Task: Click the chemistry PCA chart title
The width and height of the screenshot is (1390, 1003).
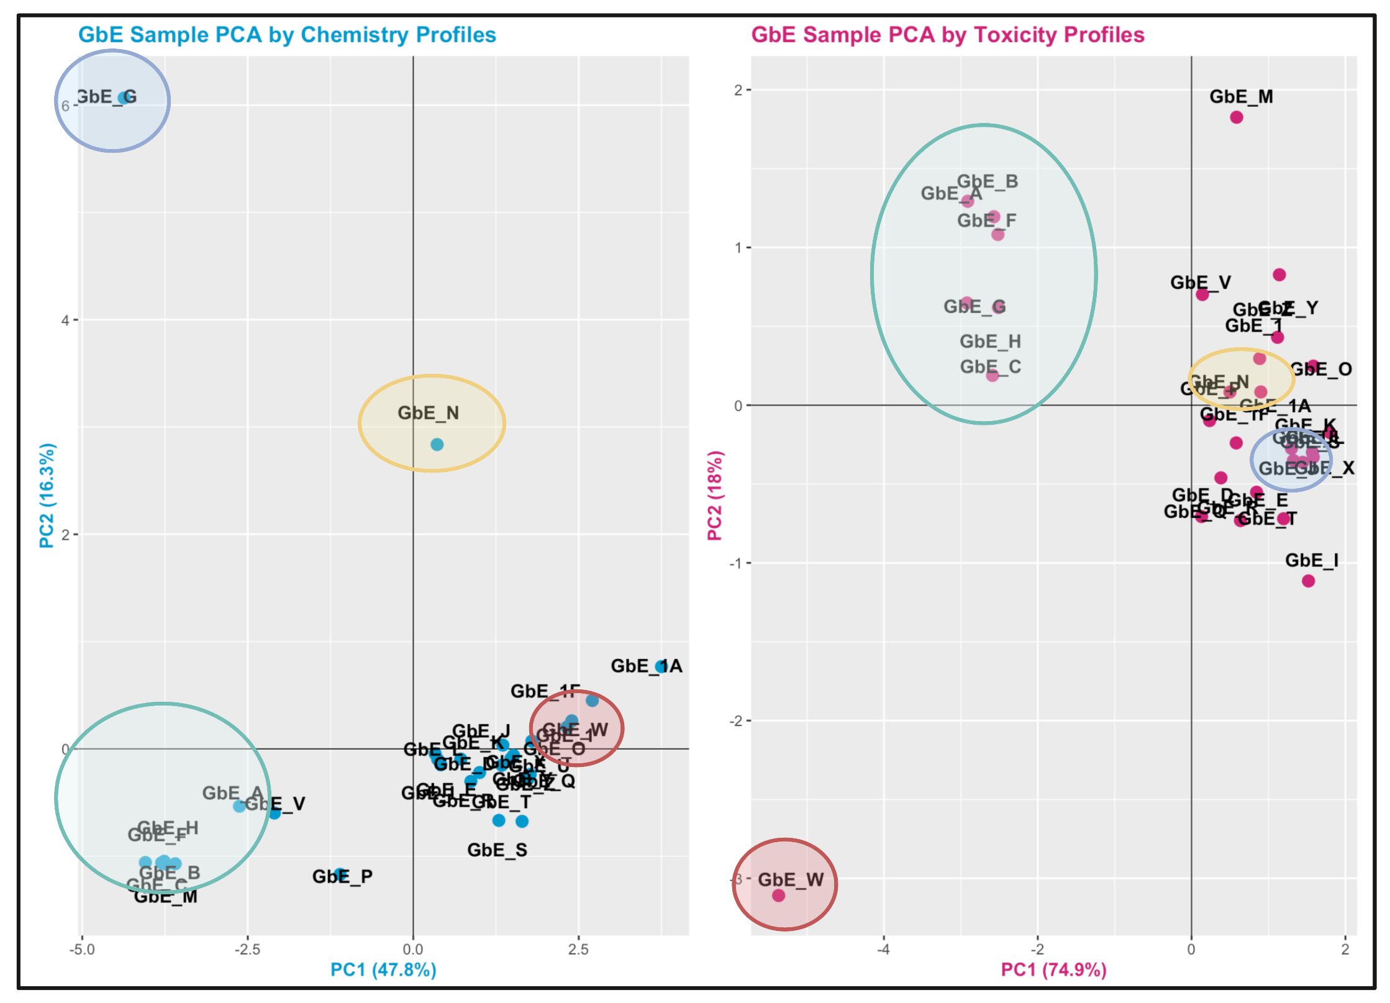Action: [287, 35]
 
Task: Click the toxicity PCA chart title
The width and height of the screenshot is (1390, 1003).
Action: [948, 35]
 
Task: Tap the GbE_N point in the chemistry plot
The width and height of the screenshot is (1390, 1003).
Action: [437, 445]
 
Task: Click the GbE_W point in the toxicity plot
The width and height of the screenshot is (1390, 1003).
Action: [778, 896]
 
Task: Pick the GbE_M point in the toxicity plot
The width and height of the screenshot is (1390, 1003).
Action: [1237, 117]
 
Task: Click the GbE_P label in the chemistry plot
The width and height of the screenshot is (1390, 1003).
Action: [342, 876]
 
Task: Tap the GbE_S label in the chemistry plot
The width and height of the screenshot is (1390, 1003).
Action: [497, 850]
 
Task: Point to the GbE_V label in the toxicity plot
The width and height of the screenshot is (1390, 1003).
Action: [1201, 283]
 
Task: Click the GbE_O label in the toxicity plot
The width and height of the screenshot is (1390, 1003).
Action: [1321, 370]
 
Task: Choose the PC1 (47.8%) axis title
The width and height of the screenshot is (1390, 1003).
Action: [383, 969]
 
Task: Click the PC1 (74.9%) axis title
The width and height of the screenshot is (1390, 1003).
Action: [1053, 969]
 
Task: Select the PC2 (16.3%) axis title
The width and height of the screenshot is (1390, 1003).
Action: [47, 495]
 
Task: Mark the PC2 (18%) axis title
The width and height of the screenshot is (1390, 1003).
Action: [715, 495]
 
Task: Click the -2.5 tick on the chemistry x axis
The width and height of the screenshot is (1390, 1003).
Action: [247, 950]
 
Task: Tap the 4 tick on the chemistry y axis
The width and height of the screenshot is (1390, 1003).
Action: [65, 320]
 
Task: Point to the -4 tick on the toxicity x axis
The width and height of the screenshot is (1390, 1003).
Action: [884, 950]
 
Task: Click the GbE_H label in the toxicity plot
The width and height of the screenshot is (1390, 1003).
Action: [990, 342]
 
